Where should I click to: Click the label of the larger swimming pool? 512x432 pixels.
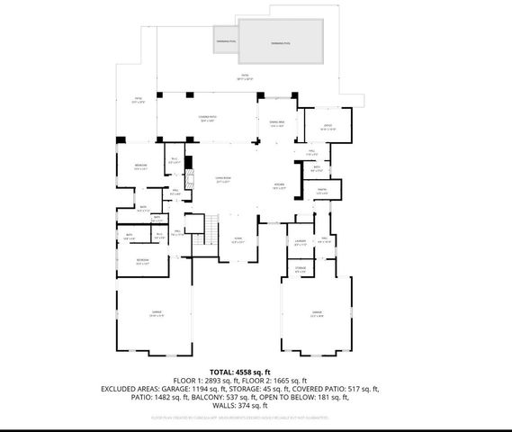tap(282, 43)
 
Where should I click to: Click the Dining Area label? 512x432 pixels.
tap(276, 125)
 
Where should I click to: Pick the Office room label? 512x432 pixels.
tap(328, 127)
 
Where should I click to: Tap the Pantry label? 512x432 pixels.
tap(321, 191)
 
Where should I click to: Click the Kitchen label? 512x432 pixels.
tap(280, 187)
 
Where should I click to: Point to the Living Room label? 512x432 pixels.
tap(213, 181)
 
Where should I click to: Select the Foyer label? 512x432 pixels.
tap(238, 241)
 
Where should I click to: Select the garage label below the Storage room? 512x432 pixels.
tap(316, 314)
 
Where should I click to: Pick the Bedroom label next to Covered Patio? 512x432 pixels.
tap(141, 166)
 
